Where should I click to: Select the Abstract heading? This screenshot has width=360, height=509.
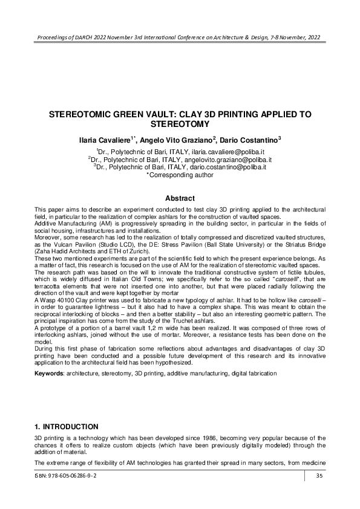click(x=180, y=198)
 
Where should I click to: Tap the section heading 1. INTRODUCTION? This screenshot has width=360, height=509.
click(x=66, y=426)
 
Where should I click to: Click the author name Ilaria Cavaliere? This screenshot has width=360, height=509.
click(x=105, y=140)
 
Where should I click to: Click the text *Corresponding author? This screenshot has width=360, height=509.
click(x=180, y=175)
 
